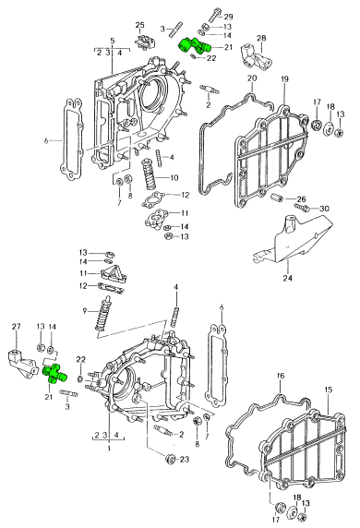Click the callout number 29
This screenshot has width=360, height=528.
(228, 17)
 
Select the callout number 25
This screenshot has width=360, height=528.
(139, 25)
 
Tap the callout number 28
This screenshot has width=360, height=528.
(261, 38)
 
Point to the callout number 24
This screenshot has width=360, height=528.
(288, 278)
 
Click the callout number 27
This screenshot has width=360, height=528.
(17, 326)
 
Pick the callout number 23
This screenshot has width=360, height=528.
(185, 459)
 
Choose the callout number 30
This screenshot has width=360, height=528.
(324, 209)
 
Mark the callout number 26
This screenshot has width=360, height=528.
(301, 199)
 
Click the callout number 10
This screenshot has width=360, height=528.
(174, 177)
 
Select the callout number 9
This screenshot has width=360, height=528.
(84, 310)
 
